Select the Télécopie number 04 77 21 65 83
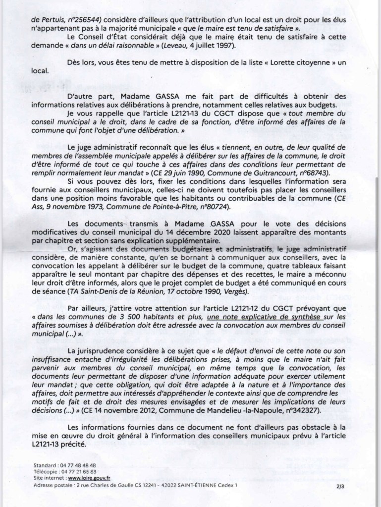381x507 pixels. click(x=78, y=473)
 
